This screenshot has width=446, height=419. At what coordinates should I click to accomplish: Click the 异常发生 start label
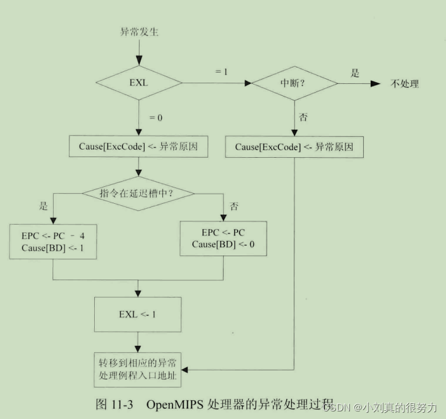139,32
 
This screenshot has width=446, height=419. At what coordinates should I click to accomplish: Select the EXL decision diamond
138,83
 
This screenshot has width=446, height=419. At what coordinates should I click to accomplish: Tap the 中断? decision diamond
294,83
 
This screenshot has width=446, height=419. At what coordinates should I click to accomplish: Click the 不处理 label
405,83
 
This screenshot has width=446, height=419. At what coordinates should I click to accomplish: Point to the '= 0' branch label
155,118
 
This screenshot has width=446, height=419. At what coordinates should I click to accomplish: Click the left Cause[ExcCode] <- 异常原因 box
138,146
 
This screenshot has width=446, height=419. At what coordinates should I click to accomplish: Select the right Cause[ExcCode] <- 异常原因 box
294,146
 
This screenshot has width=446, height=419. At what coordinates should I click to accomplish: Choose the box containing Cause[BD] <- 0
223,238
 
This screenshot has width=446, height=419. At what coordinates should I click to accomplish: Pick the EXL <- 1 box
138,314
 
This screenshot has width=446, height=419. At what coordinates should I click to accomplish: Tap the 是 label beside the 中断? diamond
355,73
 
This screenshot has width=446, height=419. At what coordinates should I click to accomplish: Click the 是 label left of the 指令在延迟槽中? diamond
44,205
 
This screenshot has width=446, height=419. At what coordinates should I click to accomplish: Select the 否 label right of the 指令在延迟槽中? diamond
234,206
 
